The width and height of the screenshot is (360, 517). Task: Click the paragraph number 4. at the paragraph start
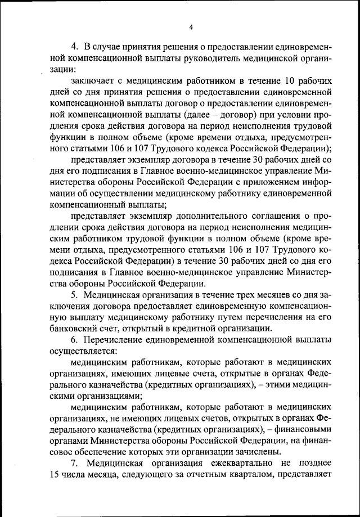point(74,46)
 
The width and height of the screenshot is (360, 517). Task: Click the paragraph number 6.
point(74,341)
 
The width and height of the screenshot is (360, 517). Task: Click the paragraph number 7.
point(74,464)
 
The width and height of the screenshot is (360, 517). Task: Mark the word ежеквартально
point(227,464)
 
